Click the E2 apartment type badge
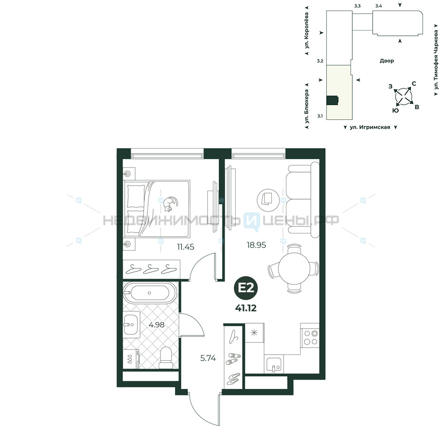click(x=246, y=288)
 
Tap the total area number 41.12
click(x=246, y=308)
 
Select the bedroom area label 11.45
click(x=186, y=247)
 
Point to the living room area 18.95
click(x=256, y=245)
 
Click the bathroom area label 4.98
click(x=156, y=325)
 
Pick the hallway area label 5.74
click(x=208, y=358)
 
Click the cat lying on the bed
click(x=171, y=204)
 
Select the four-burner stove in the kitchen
click(x=310, y=338)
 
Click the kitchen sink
click(x=274, y=365)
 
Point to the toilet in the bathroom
click(x=165, y=358)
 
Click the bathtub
click(x=150, y=293)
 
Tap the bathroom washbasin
click(x=130, y=325)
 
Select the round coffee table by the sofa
click(x=268, y=200)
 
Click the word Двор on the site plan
click(x=387, y=61)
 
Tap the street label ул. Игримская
click(x=370, y=127)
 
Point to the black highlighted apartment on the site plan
click(x=332, y=101)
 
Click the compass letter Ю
click(x=396, y=110)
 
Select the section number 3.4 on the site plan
click(x=379, y=6)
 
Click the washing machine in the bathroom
click(x=131, y=359)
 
